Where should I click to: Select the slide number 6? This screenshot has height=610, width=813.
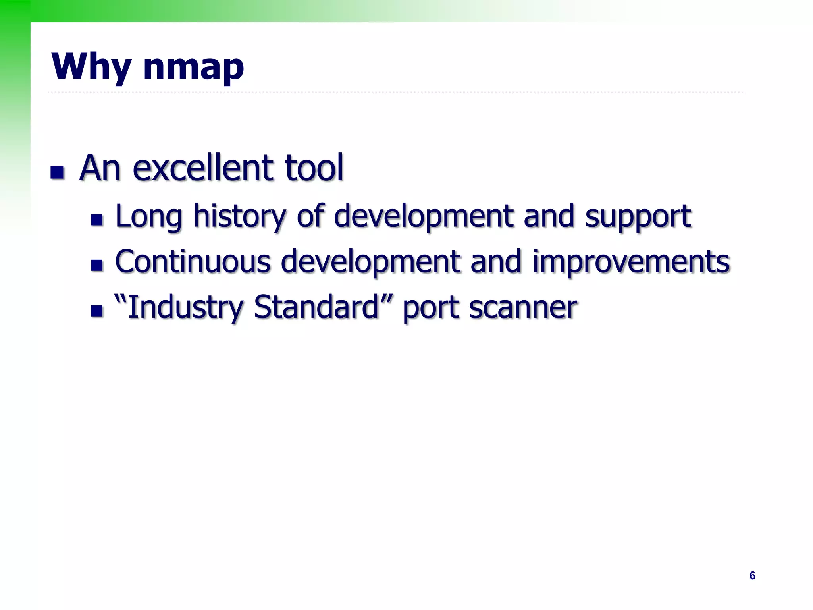coord(752,575)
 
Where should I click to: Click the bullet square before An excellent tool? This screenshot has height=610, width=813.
coord(57,172)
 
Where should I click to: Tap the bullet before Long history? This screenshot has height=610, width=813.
coord(97,220)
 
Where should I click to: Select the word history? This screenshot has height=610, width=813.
coord(239,216)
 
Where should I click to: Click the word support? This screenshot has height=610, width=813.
coord(638,216)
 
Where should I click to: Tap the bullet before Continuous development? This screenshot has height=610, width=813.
coord(97,265)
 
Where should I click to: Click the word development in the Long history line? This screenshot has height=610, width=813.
coord(424,216)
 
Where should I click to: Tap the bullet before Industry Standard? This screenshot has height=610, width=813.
coord(97,311)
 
